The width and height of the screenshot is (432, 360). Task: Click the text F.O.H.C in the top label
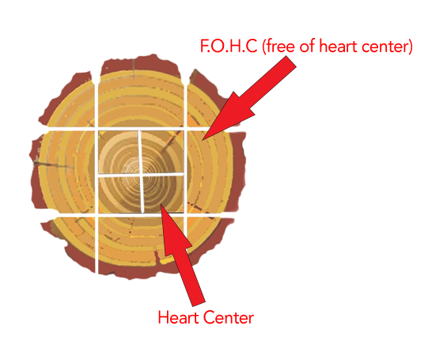pyautogui.click(x=229, y=46)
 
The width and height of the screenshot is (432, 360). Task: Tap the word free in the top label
pyautogui.click(x=279, y=46)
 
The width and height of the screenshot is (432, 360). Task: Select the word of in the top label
pyautogui.click(x=307, y=46)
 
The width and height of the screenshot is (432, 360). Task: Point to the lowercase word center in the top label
pyautogui.click(x=387, y=47)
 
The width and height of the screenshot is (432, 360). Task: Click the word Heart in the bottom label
pyautogui.click(x=179, y=317)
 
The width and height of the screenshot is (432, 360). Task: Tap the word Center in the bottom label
pyautogui.click(x=229, y=317)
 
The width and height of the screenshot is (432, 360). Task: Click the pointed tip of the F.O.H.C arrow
pyautogui.click(x=203, y=140)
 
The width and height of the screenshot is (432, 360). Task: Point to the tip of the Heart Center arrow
pyautogui.click(x=161, y=205)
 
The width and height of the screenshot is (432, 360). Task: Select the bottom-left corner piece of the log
pyautogui.click(x=73, y=242)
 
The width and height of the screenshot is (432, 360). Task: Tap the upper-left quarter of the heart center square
pyautogui.click(x=118, y=151)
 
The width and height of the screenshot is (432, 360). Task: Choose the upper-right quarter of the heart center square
pyautogui.click(x=162, y=152)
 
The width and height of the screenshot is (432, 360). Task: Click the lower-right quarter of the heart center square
pyautogui.click(x=163, y=194)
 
